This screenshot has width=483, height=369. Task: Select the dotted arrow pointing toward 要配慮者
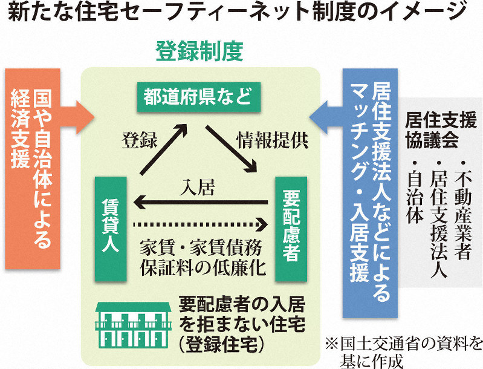tap(199, 224)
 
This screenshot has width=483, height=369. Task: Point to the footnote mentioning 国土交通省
tap(404, 352)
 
